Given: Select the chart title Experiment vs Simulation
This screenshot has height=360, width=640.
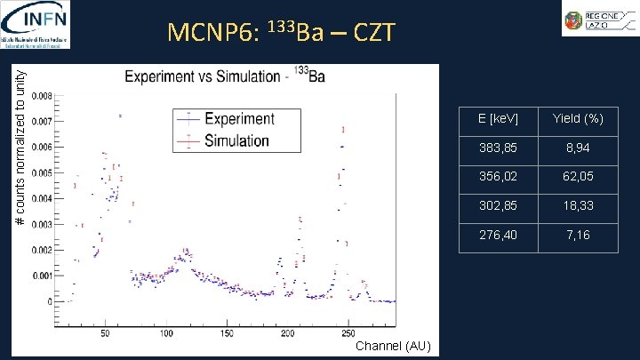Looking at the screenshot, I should coord(225,76).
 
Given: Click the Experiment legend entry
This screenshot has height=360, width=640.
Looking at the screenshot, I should coord(238,118).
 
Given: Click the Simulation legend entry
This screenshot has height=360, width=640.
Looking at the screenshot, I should coord(236,140).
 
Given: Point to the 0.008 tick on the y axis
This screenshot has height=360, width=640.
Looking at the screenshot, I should coord(42,95).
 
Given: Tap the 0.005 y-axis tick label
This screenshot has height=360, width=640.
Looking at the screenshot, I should coord(42,172).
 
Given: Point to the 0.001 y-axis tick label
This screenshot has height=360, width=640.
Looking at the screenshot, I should coord(42,276).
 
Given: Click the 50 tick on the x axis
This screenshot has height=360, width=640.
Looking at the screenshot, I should coord(105,333).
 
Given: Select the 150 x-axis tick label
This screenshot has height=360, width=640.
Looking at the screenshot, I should coord(227,333).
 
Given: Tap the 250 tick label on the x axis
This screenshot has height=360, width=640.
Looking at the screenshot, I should coord(348,333).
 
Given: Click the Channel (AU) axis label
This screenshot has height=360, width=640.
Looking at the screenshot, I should coord(391,347).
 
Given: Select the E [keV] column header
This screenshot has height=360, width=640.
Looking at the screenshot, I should coord(498,119).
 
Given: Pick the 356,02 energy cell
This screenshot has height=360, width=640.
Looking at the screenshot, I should coord(498,177).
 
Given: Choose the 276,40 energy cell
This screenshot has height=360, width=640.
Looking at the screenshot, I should coord(498,236).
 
